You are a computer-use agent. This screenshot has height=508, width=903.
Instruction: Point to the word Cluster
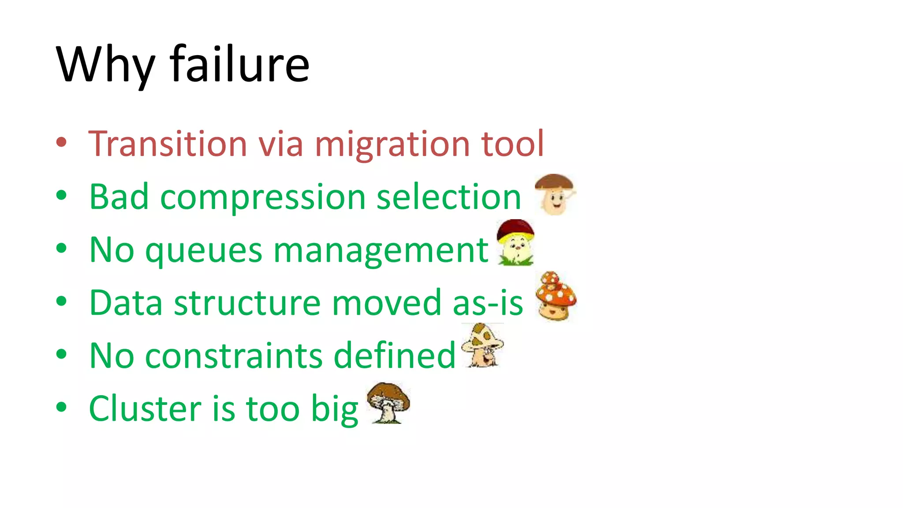(145, 408)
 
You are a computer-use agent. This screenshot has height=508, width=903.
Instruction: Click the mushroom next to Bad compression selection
(555, 194)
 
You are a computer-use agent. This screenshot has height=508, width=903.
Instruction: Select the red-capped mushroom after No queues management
(515, 243)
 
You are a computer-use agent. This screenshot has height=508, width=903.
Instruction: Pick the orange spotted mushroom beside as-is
(556, 296)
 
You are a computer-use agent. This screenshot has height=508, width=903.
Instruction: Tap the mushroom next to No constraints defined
(482, 346)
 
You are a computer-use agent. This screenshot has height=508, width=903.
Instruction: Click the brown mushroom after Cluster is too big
(388, 402)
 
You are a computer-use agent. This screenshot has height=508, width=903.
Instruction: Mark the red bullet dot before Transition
(61, 142)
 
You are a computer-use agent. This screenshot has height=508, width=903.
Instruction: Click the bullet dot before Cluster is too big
(61, 407)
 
